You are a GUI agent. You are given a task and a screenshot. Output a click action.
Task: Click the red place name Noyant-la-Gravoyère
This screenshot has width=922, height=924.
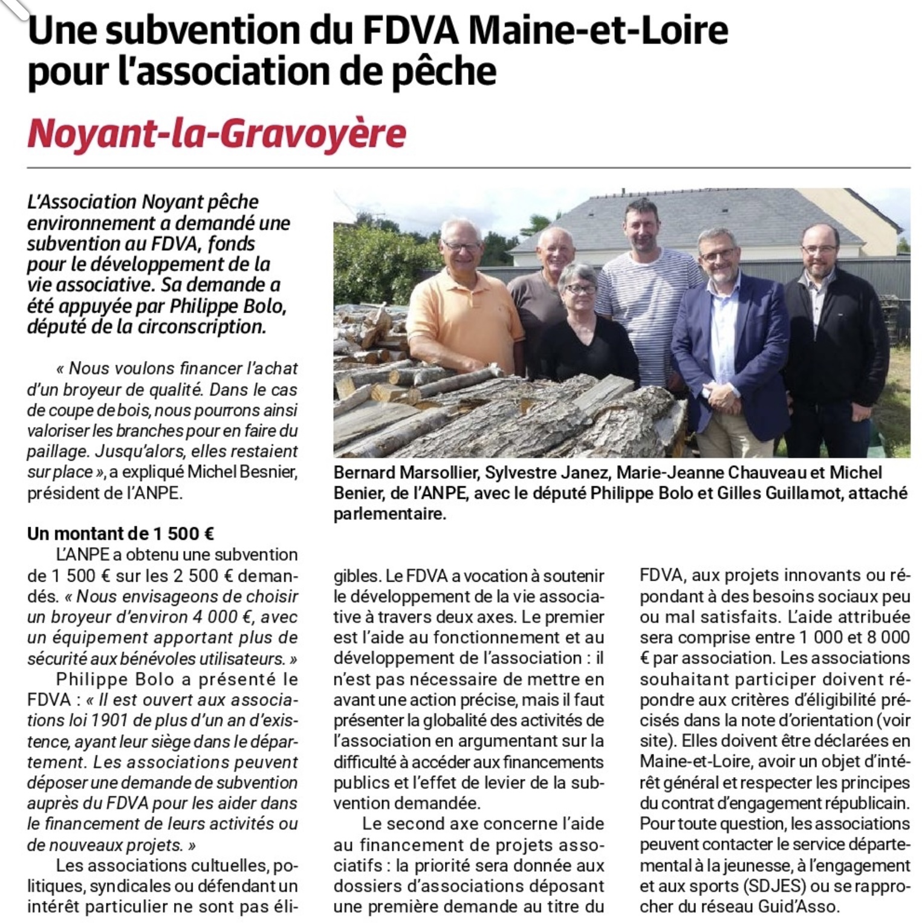point(216,133)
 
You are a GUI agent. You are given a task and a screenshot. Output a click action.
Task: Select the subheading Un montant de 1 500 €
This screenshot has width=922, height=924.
point(120,533)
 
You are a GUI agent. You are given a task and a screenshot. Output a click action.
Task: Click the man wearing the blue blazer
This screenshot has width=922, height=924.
point(729,339)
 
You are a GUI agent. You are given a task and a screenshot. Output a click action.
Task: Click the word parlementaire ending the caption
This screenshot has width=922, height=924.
point(389,515)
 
